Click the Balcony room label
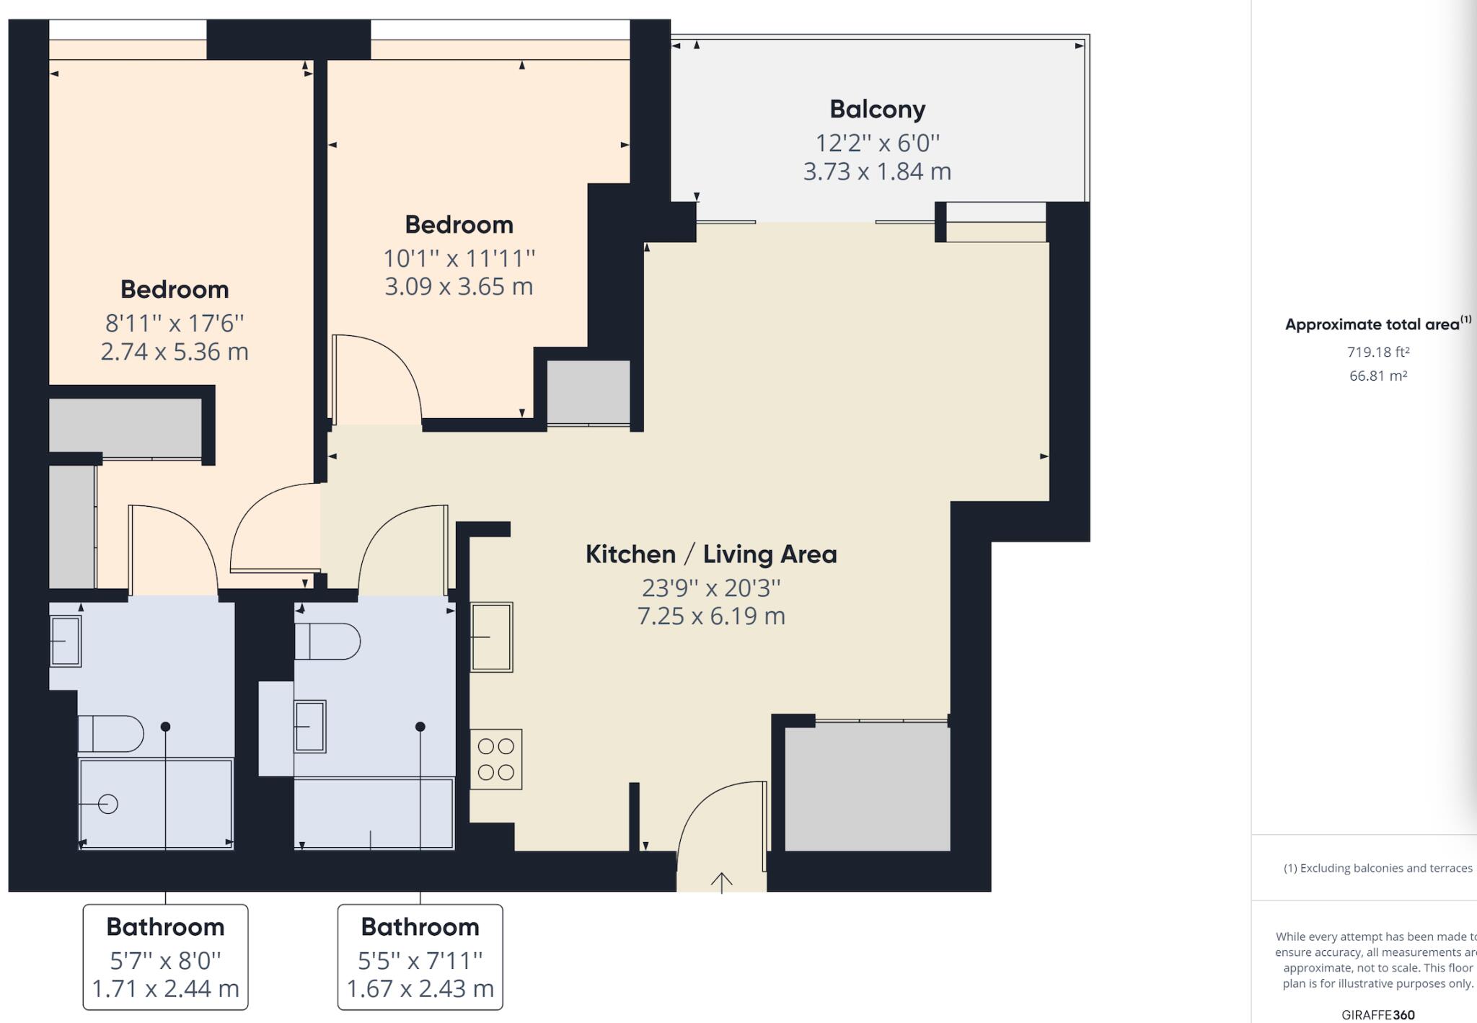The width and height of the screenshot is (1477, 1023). point(877,110)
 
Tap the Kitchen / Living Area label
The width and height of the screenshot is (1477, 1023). point(711,554)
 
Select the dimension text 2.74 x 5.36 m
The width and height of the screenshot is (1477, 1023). point(175,352)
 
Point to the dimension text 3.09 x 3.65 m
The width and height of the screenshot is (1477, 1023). point(459,287)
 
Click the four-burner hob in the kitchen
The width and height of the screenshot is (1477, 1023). point(496,759)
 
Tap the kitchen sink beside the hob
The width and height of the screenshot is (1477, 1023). point(492,637)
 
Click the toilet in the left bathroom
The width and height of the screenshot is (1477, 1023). point(110,733)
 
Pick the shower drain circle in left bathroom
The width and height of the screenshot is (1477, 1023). point(108,804)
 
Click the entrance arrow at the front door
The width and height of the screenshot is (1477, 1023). point(722,881)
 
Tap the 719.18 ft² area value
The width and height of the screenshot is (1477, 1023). point(1378,352)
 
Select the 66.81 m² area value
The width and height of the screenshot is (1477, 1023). point(1378,376)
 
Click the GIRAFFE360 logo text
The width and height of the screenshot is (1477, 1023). point(1378,1014)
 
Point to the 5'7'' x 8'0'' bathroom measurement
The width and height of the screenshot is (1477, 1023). point(165,960)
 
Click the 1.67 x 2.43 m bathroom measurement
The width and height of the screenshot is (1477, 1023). point(420,988)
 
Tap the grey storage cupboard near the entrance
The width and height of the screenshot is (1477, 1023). point(867,787)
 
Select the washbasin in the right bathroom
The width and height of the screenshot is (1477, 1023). point(310,727)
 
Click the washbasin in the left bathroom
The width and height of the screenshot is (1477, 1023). point(65,641)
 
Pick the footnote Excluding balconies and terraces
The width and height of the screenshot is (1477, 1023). point(1377,868)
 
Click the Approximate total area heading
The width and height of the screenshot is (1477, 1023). point(1372,324)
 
